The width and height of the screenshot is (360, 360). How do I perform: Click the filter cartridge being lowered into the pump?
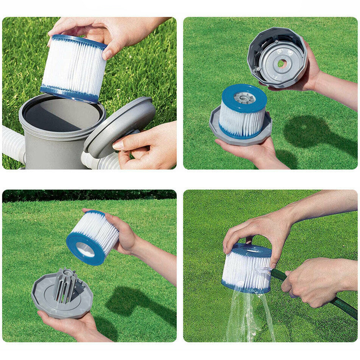click(x=74, y=68)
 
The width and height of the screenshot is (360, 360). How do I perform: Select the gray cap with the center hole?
click(x=277, y=58)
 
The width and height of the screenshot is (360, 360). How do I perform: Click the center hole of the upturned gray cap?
click(x=282, y=64)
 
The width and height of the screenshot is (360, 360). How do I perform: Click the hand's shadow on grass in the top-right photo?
click(x=317, y=133)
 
